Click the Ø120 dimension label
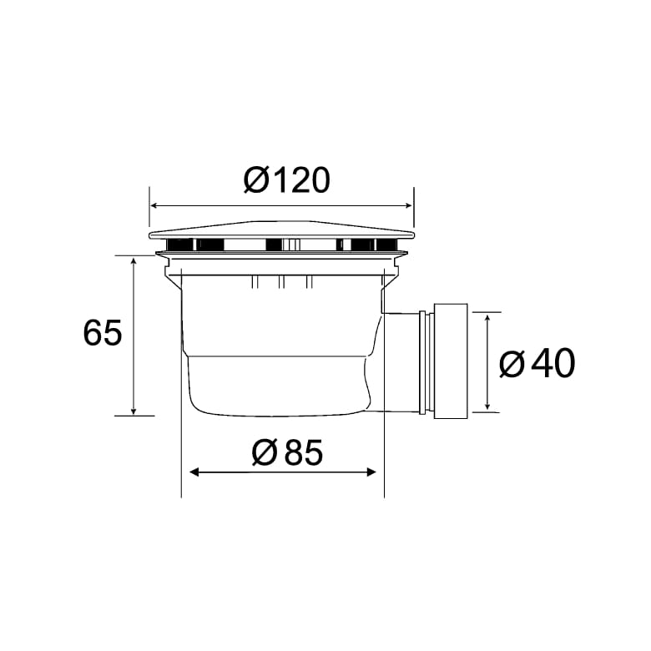click(287, 179)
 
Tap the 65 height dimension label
click(103, 332)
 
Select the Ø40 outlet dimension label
click(537, 364)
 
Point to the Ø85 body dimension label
click(287, 452)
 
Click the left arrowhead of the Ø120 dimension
click(154, 205)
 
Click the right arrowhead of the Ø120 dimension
click(408, 205)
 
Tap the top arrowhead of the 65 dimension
click(134, 260)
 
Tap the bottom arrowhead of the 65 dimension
click(134, 411)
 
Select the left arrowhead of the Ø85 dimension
click(194, 472)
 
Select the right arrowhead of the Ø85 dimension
click(371, 472)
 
